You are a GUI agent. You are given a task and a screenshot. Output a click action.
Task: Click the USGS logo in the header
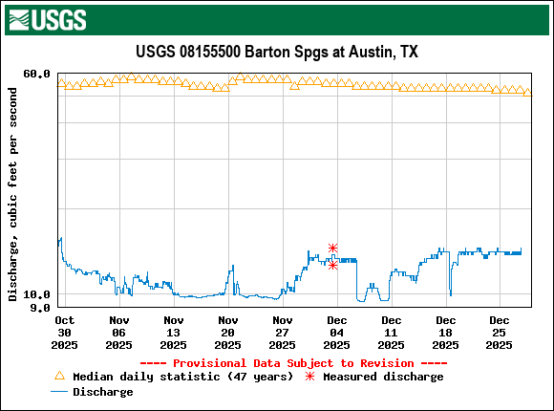[47, 18]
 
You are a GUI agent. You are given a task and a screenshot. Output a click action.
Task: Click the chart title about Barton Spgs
[275, 53]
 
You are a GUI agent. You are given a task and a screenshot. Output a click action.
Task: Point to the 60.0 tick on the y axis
[37, 74]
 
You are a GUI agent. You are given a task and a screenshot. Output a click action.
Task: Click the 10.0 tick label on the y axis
[37, 294]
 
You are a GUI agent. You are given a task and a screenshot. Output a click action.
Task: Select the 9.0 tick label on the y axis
[41, 308]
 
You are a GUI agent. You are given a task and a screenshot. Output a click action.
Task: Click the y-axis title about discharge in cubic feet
[12, 194]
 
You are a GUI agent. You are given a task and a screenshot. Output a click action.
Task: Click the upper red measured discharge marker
[332, 249]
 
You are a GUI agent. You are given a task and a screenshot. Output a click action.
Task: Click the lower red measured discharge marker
[332, 265]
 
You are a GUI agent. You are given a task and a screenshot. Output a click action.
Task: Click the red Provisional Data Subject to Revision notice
[293, 363]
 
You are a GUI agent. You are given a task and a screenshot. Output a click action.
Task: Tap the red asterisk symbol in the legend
[309, 377]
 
